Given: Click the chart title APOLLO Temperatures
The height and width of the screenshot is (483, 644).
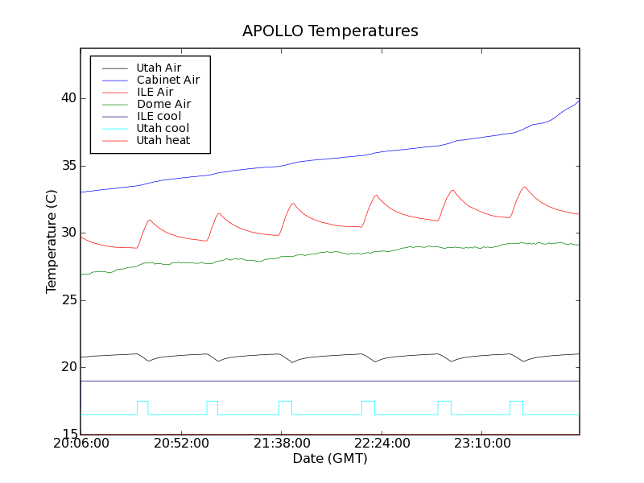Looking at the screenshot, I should point(330,31).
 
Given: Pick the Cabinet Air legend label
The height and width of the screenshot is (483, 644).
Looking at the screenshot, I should point(168,80).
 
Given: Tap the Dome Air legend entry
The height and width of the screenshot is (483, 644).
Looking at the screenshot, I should point(163,104).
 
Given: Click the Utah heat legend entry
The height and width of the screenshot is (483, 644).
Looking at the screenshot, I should point(163,140).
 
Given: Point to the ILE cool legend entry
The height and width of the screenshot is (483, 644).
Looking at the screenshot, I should point(159,116).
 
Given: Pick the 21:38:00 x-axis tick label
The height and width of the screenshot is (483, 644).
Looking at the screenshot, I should point(280,444).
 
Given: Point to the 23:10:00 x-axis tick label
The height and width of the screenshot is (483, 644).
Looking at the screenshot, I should point(480,444).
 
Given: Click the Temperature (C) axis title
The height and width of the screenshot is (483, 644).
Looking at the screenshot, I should point(52,242).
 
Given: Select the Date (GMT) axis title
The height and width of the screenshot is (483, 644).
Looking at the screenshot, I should point(330,459).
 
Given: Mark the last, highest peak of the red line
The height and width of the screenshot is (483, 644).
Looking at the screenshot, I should point(524,188).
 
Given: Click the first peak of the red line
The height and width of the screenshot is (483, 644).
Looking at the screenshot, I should point(149,220).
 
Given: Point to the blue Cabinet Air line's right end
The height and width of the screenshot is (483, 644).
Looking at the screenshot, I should point(579,101).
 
